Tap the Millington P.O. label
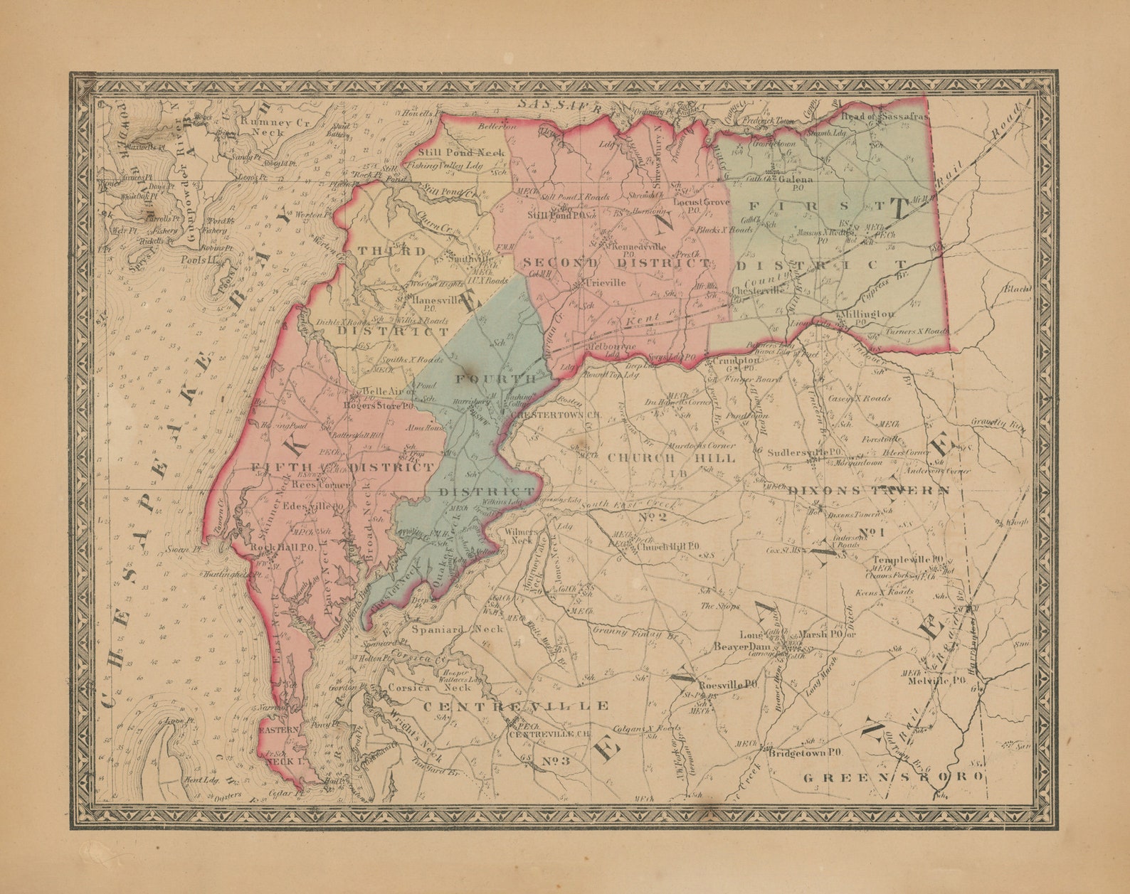pyautogui.click(x=867, y=314)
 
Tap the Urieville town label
pyautogui.click(x=605, y=282)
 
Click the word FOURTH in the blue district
pyautogui.click(x=496, y=378)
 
